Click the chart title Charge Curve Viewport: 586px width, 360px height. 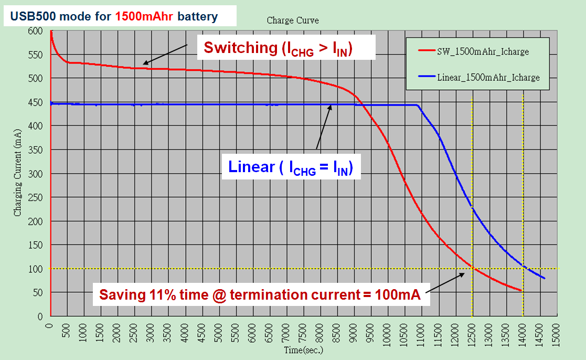(293, 20)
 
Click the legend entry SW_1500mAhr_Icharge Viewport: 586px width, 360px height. (482, 51)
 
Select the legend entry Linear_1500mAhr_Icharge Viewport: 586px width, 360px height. (488, 78)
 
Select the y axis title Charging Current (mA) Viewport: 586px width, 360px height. (18, 173)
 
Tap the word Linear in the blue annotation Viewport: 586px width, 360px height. (251, 167)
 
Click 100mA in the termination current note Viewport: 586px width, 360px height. (396, 295)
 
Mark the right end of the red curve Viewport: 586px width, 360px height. (521, 290)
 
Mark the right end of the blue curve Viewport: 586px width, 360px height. (545, 278)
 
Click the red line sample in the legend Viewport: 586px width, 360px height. (427, 51)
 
